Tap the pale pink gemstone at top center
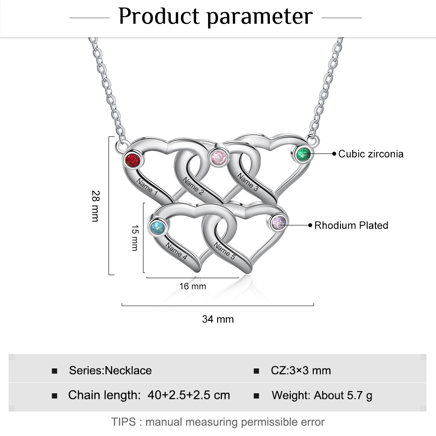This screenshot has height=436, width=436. pyautogui.click(x=218, y=157)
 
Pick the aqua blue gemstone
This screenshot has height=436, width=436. pyautogui.click(x=157, y=227)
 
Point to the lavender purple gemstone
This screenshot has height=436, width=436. pyautogui.click(x=279, y=223)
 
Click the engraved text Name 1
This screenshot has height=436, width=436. pyautogui.click(x=147, y=186)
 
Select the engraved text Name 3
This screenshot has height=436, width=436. pyautogui.click(x=248, y=182)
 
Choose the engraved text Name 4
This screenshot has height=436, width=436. pyautogui.click(x=177, y=252)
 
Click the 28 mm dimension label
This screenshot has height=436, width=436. pyautogui.click(x=95, y=206)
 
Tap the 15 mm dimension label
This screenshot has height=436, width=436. pyautogui.click(x=134, y=237)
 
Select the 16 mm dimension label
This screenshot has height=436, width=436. pyautogui.click(x=193, y=286)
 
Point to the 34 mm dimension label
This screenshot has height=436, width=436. pyautogui.click(x=218, y=319)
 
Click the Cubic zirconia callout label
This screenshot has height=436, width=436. pyautogui.click(x=371, y=154)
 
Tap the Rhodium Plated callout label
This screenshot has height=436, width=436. pyautogui.click(x=351, y=225)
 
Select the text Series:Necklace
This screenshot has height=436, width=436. pyautogui.click(x=110, y=371)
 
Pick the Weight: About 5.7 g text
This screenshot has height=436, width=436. pyautogui.click(x=322, y=395)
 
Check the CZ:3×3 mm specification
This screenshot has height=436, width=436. pyautogui.click(x=301, y=371)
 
